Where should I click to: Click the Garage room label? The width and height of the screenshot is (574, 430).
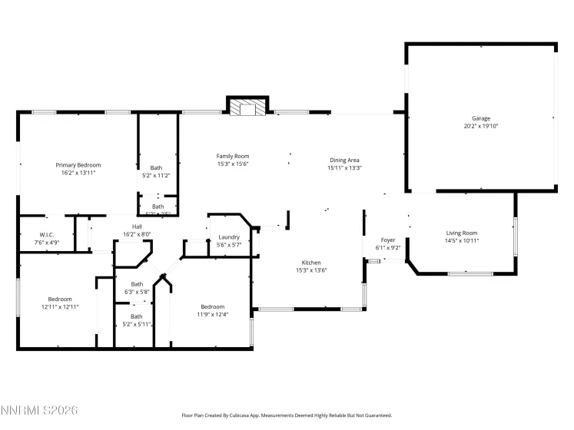pos(481,119)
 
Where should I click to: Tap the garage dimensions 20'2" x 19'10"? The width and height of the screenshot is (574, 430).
pos(481,126)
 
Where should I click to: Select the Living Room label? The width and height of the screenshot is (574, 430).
pos(462,233)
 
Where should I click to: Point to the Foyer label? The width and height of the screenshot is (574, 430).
pos(387,240)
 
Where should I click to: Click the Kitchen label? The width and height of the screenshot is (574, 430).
pos(310,262)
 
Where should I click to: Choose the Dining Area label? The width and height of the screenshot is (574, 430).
pos(344,160)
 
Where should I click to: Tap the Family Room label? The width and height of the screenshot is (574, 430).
pos(232,156)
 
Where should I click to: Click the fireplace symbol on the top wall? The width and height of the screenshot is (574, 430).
pos(247,107)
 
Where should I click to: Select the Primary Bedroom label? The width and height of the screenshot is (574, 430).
pos(78,165)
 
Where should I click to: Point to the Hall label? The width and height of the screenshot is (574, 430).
pos(137,227)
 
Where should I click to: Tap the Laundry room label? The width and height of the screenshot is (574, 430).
pos(229,237)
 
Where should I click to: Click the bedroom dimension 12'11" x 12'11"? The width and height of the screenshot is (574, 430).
pos(60,306)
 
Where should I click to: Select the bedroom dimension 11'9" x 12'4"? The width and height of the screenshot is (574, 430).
pos(212,313)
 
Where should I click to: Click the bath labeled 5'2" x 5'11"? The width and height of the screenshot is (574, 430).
pos(136,324)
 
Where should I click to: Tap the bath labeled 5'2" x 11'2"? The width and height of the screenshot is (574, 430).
pos(156,175)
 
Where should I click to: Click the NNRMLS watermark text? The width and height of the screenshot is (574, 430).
pos(39,412)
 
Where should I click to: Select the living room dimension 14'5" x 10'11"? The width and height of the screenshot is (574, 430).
pos(462,240)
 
